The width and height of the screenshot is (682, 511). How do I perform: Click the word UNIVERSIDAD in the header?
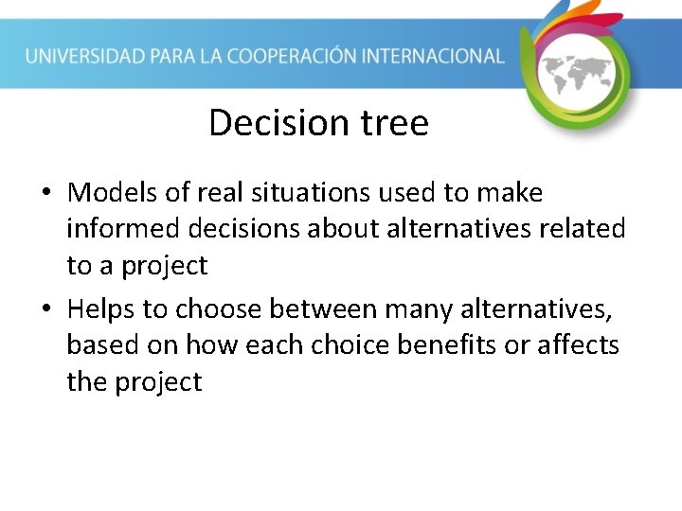84,56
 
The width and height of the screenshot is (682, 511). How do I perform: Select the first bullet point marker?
46,194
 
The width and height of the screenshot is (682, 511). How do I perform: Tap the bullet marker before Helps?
46,310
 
